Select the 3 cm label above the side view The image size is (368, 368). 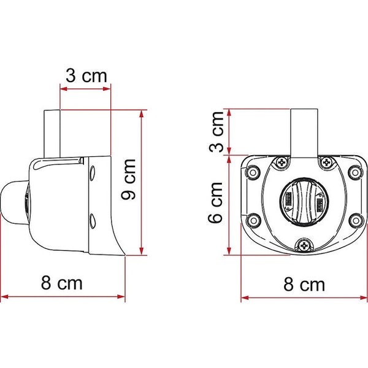(86, 76)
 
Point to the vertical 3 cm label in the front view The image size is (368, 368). (215, 132)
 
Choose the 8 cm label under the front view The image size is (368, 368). (304, 285)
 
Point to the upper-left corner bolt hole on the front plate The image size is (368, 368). (251, 172)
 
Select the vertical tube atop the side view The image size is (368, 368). (53, 132)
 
